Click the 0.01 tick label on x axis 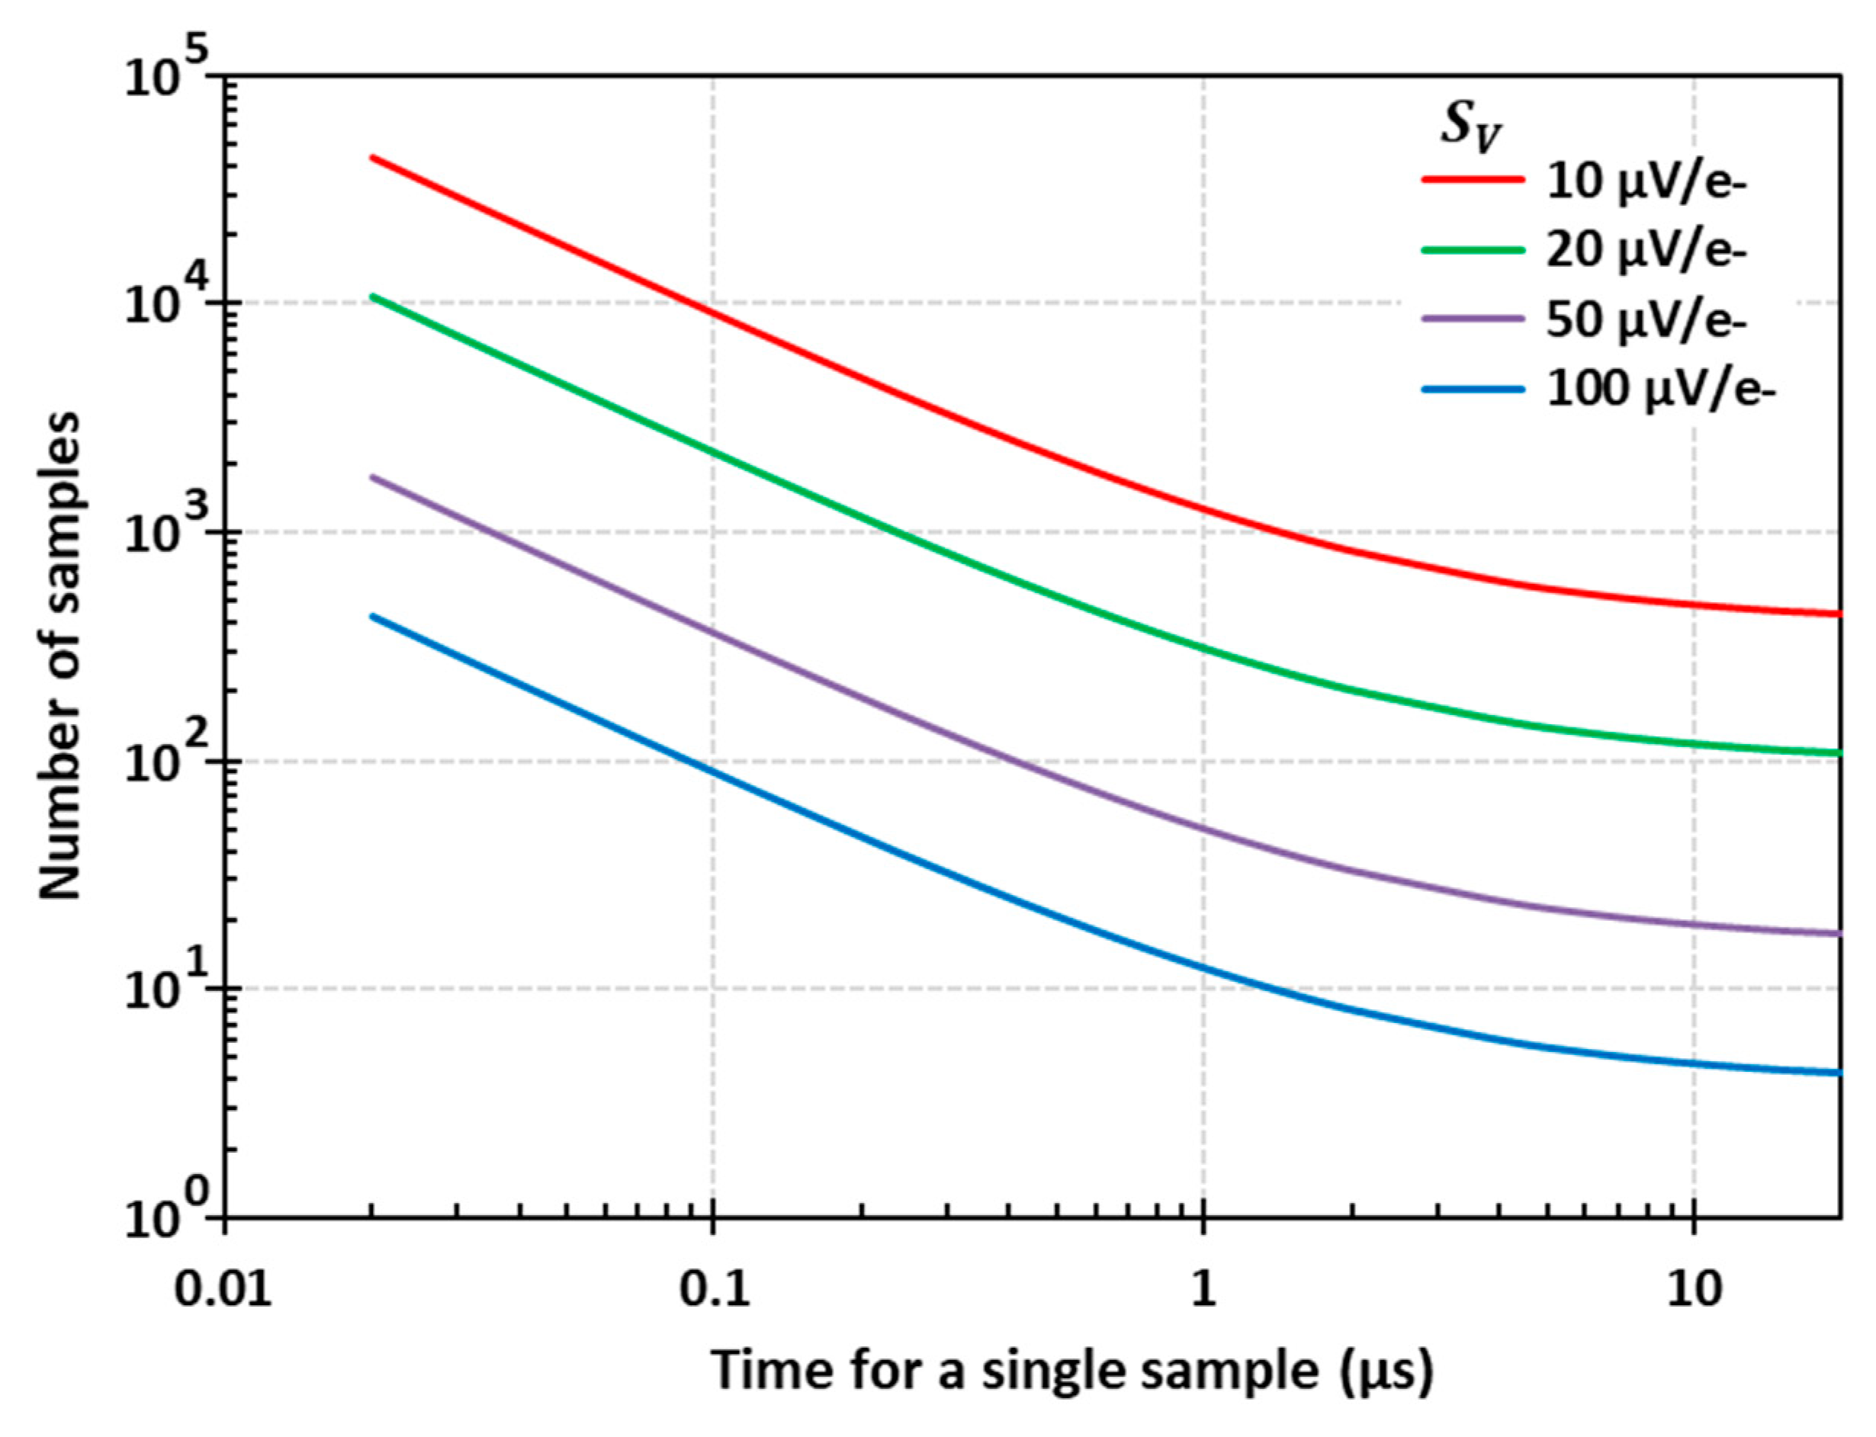pos(224,1288)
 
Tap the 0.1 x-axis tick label pos(715,1288)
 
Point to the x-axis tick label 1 pos(1203,1288)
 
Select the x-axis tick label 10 pos(1694,1288)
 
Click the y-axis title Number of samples pos(60,655)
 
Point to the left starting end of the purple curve pos(373,477)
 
